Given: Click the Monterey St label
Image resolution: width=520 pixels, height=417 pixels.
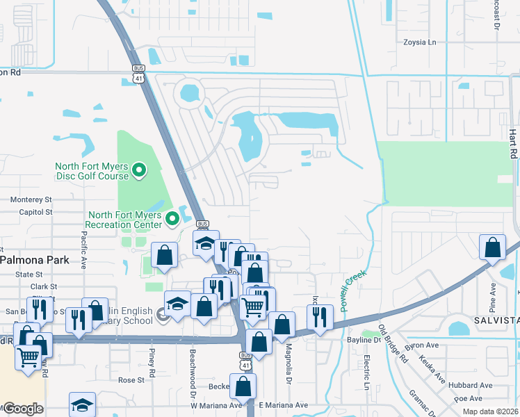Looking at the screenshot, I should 31,199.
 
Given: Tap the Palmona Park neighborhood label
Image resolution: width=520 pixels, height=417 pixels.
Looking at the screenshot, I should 35,260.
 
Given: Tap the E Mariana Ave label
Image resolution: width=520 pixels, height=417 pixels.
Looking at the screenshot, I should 283,405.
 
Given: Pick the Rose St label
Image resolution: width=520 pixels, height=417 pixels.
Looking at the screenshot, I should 131,380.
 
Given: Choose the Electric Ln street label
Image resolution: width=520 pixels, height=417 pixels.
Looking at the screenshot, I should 366,372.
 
